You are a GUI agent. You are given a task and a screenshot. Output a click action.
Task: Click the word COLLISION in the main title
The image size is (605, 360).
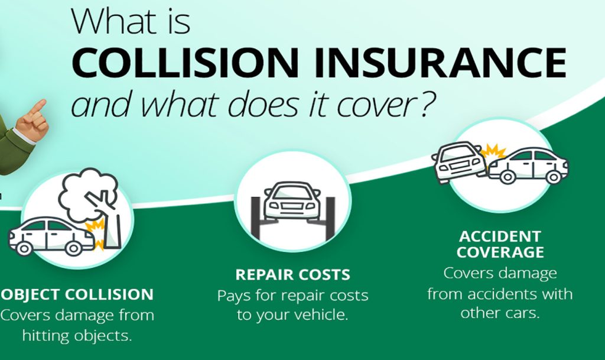click(185, 63)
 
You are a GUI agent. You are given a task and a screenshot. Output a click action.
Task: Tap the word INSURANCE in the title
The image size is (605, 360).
click(440, 63)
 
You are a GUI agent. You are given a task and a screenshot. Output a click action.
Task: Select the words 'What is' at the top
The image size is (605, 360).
click(131, 21)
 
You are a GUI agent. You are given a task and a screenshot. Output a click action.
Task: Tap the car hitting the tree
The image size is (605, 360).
click(51, 236)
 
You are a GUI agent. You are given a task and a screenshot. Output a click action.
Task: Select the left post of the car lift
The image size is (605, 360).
click(256, 218)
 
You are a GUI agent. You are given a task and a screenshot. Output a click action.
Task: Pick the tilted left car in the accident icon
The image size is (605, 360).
click(459, 162)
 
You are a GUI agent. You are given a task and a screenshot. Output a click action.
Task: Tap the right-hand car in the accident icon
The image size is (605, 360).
click(528, 165)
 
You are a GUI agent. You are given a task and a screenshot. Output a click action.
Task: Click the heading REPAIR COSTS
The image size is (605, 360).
click(293, 275)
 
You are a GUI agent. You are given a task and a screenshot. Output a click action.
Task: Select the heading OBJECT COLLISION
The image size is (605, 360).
click(76, 294)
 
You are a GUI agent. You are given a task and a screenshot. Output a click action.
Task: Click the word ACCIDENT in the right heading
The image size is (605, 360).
click(500, 236)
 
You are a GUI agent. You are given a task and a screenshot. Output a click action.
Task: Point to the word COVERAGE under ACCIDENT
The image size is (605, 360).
click(500, 252)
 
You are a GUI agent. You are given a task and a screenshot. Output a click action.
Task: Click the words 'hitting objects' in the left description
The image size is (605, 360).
click(77, 336)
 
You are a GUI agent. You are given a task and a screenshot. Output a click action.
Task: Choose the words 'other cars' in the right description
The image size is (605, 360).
click(500, 313)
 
